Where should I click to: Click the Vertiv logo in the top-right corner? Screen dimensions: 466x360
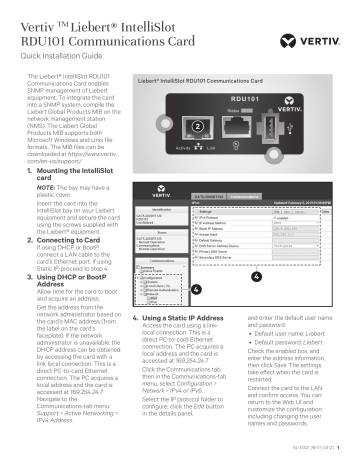(x=323, y=17)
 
